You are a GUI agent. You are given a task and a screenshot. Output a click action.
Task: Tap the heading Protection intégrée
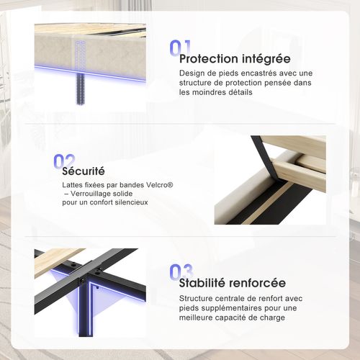(x=235, y=58)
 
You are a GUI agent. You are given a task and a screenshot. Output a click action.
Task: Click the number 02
(x=63, y=161)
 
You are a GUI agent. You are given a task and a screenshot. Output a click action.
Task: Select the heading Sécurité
(x=84, y=171)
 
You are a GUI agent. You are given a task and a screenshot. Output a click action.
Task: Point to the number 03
(x=180, y=271)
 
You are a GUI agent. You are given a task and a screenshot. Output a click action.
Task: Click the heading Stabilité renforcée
(x=233, y=283)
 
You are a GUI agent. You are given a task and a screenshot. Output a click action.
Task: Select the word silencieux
(x=130, y=202)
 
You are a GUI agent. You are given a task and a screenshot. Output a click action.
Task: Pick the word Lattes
(x=73, y=185)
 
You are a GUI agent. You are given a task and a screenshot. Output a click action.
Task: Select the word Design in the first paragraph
(x=192, y=73)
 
